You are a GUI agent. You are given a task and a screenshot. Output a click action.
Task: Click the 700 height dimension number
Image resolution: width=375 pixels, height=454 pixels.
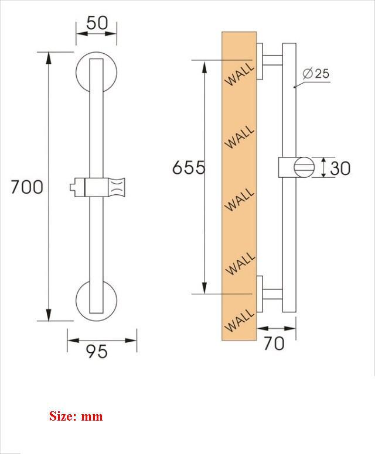click(27, 187)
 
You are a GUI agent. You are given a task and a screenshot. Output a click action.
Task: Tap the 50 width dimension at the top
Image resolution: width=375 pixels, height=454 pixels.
click(97, 23)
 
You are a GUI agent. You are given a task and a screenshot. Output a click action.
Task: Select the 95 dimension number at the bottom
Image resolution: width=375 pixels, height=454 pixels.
click(97, 352)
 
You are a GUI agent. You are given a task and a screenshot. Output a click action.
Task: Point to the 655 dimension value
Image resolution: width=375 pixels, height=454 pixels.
click(189, 167)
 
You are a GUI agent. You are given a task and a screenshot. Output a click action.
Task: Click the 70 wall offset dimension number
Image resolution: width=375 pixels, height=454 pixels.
click(274, 343)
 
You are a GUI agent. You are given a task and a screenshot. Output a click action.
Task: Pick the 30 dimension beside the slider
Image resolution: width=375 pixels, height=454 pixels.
click(340, 168)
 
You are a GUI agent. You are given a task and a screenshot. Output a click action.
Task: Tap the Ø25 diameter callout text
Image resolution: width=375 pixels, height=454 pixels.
click(316, 74)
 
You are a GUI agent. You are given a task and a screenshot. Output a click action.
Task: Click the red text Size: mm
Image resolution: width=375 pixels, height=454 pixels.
click(76, 416)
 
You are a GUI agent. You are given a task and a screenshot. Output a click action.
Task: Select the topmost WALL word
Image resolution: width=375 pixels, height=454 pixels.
click(240, 75)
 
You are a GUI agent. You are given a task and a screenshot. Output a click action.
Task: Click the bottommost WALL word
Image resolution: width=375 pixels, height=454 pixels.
click(240, 320)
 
